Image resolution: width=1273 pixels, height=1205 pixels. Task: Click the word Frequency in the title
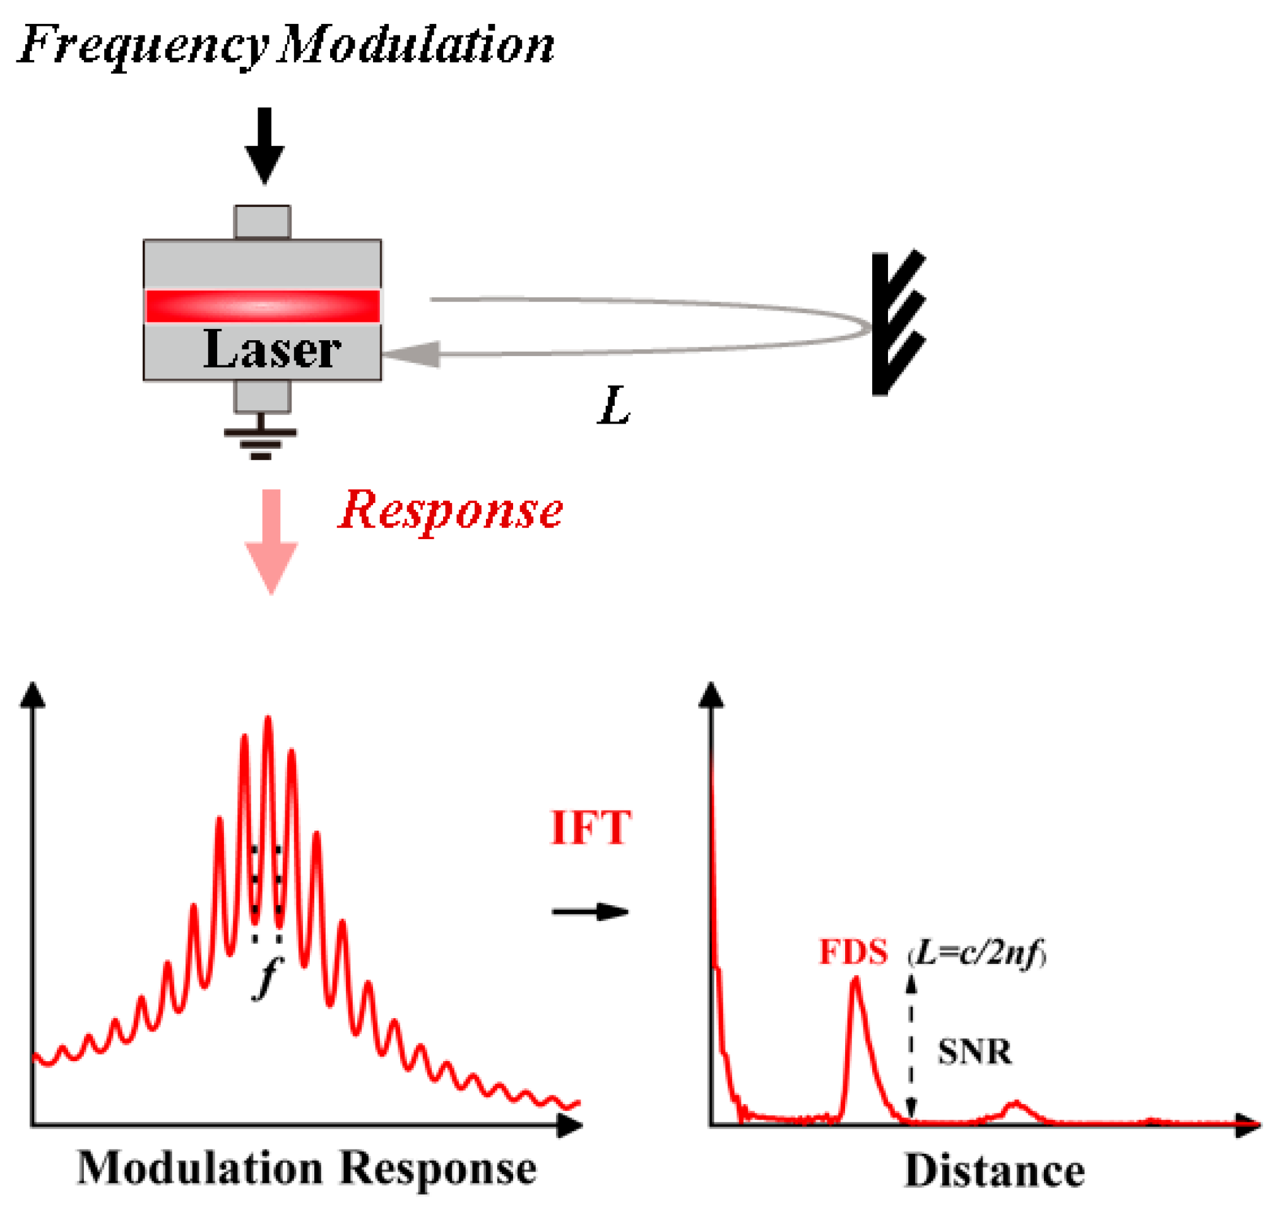pyautogui.click(x=143, y=46)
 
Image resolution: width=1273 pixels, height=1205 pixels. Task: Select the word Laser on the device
pyautogui.click(x=271, y=350)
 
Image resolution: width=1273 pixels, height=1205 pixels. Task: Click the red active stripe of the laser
pyautogui.click(x=262, y=306)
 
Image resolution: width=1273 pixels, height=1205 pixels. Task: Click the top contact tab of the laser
pyautogui.click(x=262, y=222)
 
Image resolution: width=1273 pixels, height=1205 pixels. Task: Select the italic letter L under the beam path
pyautogui.click(x=613, y=406)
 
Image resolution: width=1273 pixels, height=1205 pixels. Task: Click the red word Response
pyautogui.click(x=451, y=511)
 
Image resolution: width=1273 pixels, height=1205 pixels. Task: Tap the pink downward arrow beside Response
pyautogui.click(x=271, y=541)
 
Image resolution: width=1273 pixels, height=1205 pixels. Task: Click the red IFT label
pyautogui.click(x=591, y=828)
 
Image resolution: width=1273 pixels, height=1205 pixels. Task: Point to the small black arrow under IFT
pyautogui.click(x=589, y=912)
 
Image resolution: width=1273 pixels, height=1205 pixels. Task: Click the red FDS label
pyautogui.click(x=853, y=952)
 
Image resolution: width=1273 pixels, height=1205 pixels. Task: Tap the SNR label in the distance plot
pyautogui.click(x=974, y=1052)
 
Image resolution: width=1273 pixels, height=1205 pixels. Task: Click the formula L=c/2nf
pyautogui.click(x=977, y=953)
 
